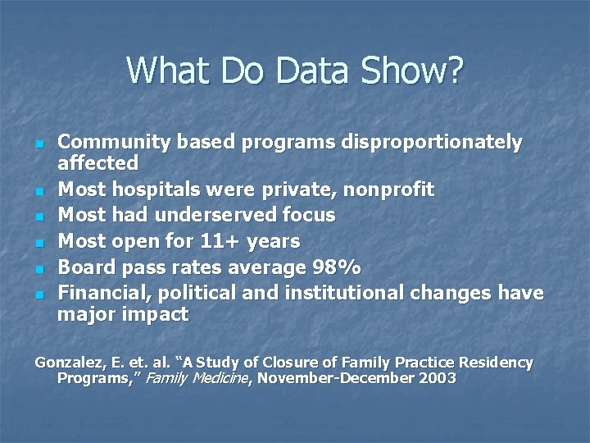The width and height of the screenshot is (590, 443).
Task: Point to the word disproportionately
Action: click(442, 143)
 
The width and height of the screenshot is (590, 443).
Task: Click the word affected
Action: click(98, 162)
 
